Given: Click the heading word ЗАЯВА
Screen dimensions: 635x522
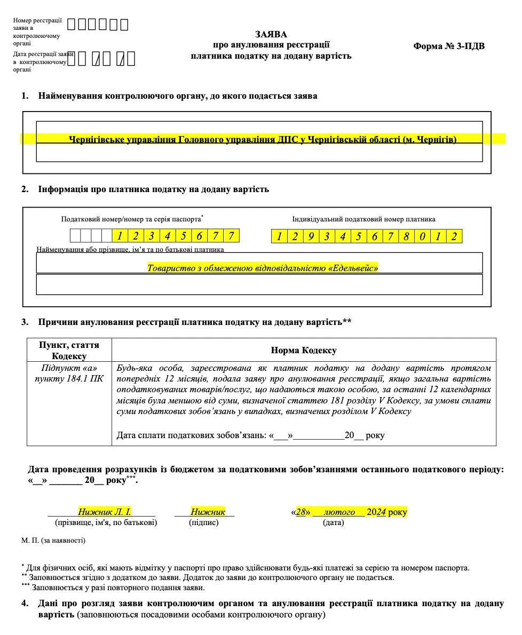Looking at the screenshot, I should [271, 35].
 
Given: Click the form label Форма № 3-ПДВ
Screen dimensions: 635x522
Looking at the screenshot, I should [448, 46].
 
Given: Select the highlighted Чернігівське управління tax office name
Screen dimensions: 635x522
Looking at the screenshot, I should [263, 139].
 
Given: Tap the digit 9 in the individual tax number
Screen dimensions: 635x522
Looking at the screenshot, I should [311, 236].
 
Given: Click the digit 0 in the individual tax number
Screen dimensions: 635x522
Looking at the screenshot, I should [422, 236].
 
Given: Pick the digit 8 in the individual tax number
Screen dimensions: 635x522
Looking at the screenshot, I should [406, 236].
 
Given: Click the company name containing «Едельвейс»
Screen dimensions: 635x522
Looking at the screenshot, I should [263, 268].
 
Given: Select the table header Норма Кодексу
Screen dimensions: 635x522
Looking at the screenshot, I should [304, 351].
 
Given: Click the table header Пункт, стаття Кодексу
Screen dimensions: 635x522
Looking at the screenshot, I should [69, 351].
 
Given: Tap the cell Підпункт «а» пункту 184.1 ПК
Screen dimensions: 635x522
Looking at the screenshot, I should [69, 374].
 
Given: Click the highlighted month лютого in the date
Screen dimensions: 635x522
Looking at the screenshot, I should [339, 512].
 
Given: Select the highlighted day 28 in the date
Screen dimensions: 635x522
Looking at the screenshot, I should [302, 512].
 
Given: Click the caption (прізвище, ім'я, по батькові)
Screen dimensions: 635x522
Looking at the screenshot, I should [106, 523].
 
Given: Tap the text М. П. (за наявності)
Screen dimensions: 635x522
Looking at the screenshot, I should [53, 541].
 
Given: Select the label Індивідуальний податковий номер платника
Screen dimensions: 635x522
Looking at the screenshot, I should [363, 219].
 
